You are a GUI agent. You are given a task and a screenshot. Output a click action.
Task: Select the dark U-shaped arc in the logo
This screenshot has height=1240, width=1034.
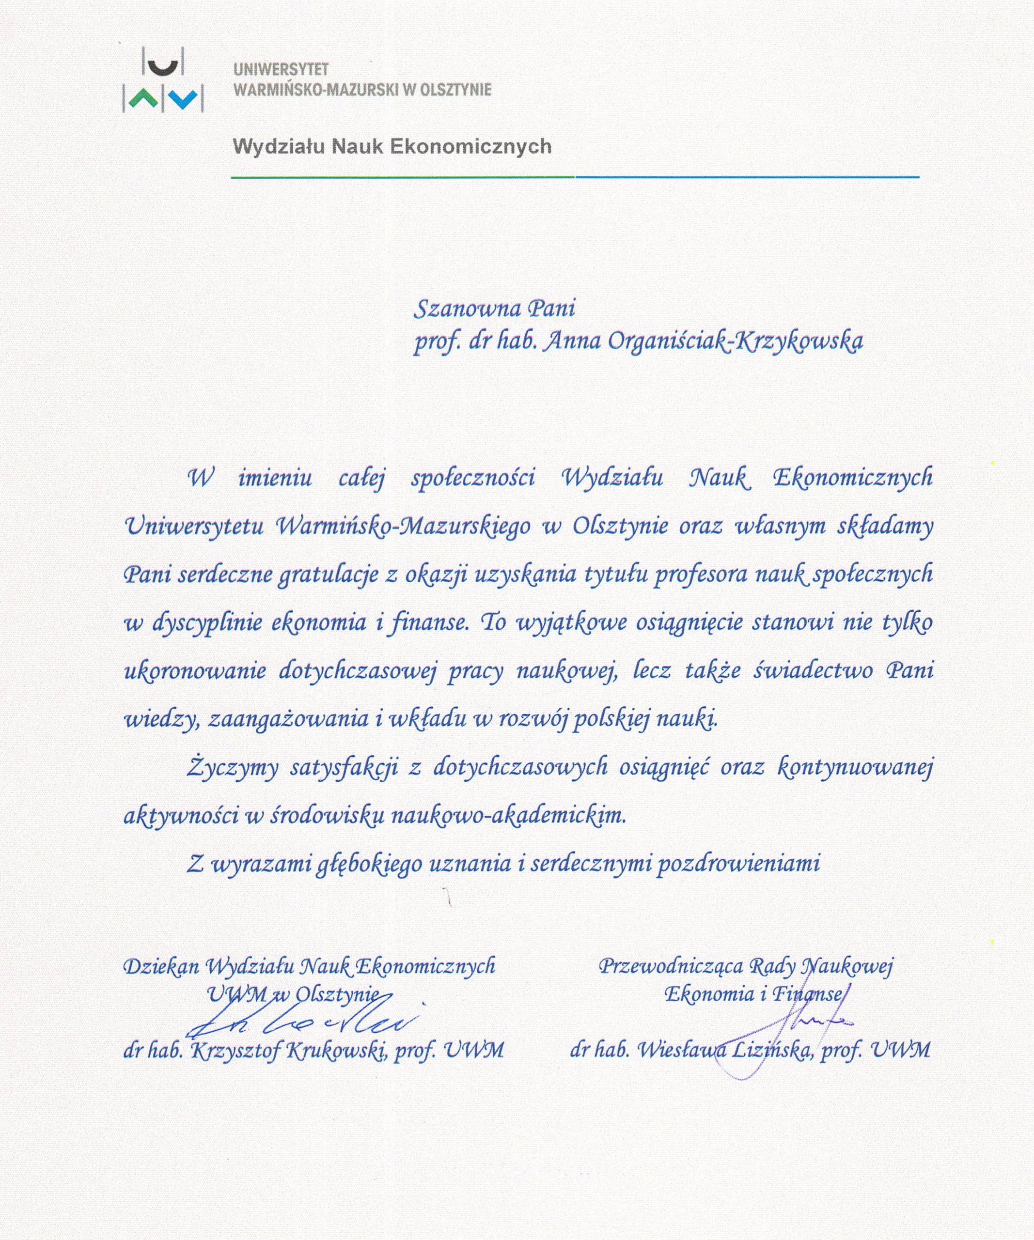point(162,67)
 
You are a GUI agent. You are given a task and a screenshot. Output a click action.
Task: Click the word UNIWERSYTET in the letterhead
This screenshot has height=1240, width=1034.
point(281,70)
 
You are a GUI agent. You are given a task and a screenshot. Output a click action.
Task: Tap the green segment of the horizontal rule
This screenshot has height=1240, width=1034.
point(402,176)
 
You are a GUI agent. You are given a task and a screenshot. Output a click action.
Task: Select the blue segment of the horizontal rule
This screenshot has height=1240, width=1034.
point(747,176)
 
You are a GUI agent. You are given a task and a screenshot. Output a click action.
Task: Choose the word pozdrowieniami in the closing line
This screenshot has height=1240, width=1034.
point(739,864)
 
